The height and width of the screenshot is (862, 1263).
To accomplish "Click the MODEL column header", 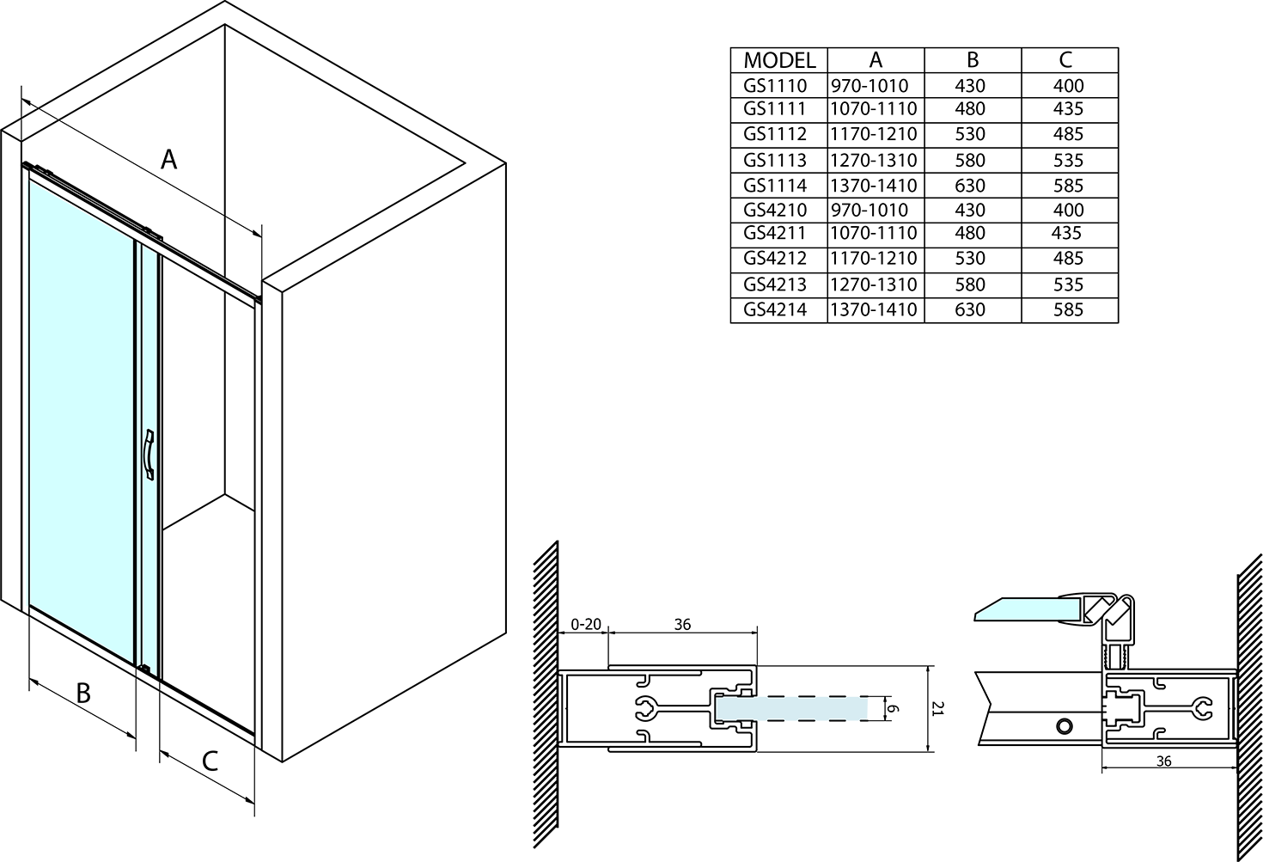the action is [x=779, y=60].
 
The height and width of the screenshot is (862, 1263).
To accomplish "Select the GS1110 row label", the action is [x=775, y=86].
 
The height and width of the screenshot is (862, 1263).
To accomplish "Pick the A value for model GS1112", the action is [x=874, y=134].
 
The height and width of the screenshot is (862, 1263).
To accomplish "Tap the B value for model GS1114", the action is [x=970, y=186].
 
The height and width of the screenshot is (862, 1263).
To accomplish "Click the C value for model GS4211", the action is [x=1067, y=233].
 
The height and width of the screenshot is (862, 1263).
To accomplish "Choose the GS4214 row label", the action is [x=775, y=309].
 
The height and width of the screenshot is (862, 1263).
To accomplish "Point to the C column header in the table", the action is [x=1065, y=60].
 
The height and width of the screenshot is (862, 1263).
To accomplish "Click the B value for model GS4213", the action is [x=970, y=284].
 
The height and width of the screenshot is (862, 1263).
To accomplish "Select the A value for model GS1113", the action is [x=874, y=161].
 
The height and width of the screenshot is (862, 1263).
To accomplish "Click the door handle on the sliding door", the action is [x=149, y=455].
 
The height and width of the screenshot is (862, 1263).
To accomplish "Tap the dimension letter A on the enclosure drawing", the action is [x=168, y=160].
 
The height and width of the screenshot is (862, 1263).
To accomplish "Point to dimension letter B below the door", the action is [x=83, y=694].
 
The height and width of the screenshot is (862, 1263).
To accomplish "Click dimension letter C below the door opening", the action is [x=210, y=761].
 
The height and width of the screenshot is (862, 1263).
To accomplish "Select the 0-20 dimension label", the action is [x=586, y=625].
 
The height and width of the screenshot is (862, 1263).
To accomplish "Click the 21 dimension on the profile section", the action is [x=937, y=709].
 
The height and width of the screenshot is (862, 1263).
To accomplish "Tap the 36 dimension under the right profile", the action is [x=1163, y=761].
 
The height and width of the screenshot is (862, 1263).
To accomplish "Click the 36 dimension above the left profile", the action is [x=682, y=625].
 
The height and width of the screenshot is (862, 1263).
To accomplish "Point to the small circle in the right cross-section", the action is [x=1065, y=726].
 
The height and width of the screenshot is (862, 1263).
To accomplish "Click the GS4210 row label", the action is [x=775, y=210].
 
